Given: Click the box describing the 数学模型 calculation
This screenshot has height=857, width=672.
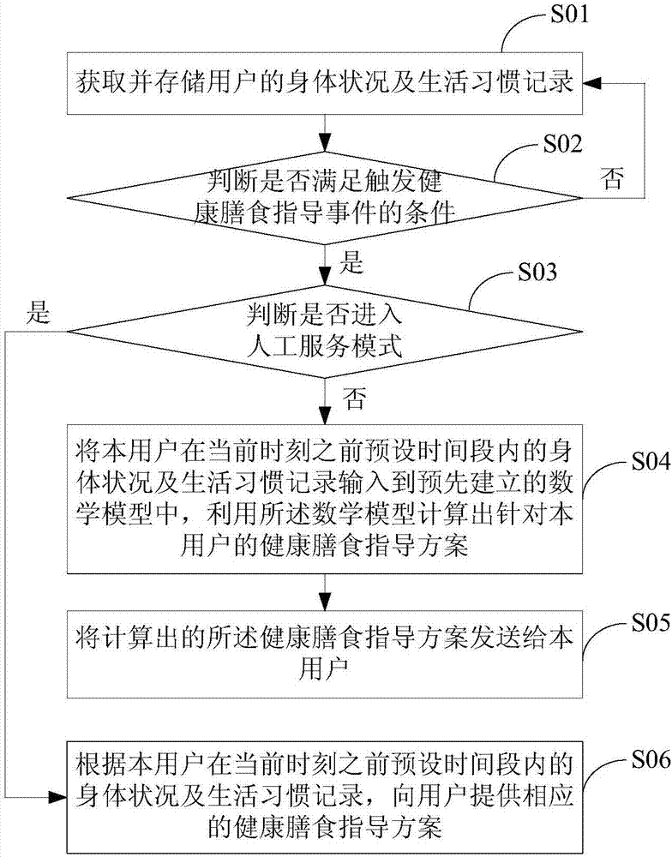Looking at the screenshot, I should click(x=326, y=497).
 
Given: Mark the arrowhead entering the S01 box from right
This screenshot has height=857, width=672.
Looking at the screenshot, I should click(x=591, y=82).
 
